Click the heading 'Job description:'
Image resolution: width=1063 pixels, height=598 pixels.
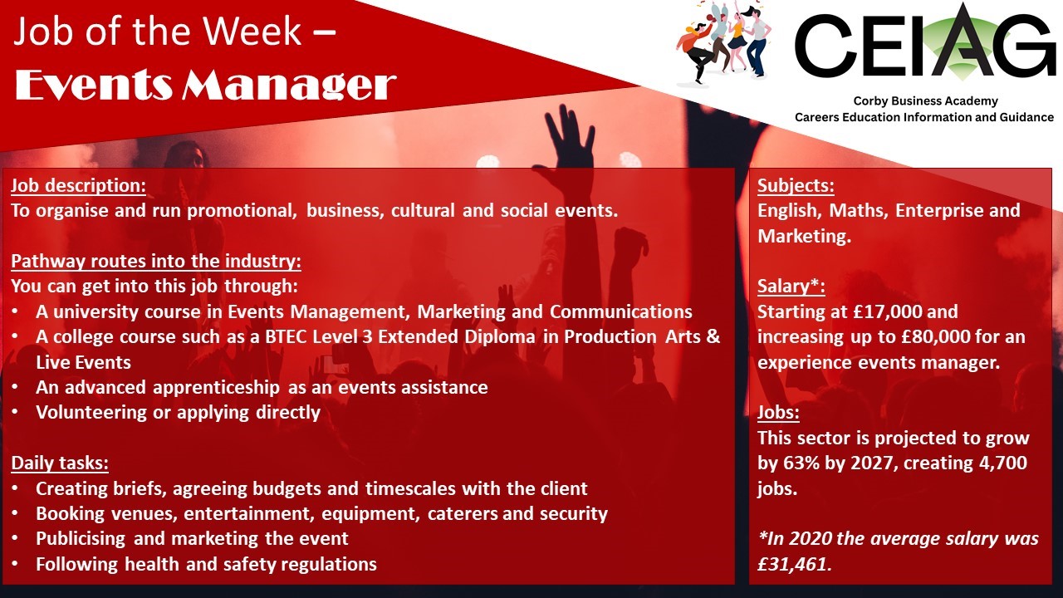tap(78, 185)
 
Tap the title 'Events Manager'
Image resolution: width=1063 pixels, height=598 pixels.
tap(206, 86)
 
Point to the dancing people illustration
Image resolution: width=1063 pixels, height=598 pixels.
tap(723, 42)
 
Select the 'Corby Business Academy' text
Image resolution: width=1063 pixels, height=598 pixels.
tap(925, 101)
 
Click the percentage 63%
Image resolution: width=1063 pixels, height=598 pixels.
tap(803, 463)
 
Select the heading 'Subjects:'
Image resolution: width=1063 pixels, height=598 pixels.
tap(796, 185)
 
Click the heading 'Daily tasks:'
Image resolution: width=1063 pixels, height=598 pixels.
tap(60, 463)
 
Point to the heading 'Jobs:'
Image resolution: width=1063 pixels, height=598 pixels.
tap(778, 413)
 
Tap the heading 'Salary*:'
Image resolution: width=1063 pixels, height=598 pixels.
tap(791, 287)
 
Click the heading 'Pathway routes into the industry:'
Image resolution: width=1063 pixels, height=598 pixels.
tap(156, 262)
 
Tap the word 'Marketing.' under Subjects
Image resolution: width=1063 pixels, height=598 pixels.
tap(805, 237)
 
